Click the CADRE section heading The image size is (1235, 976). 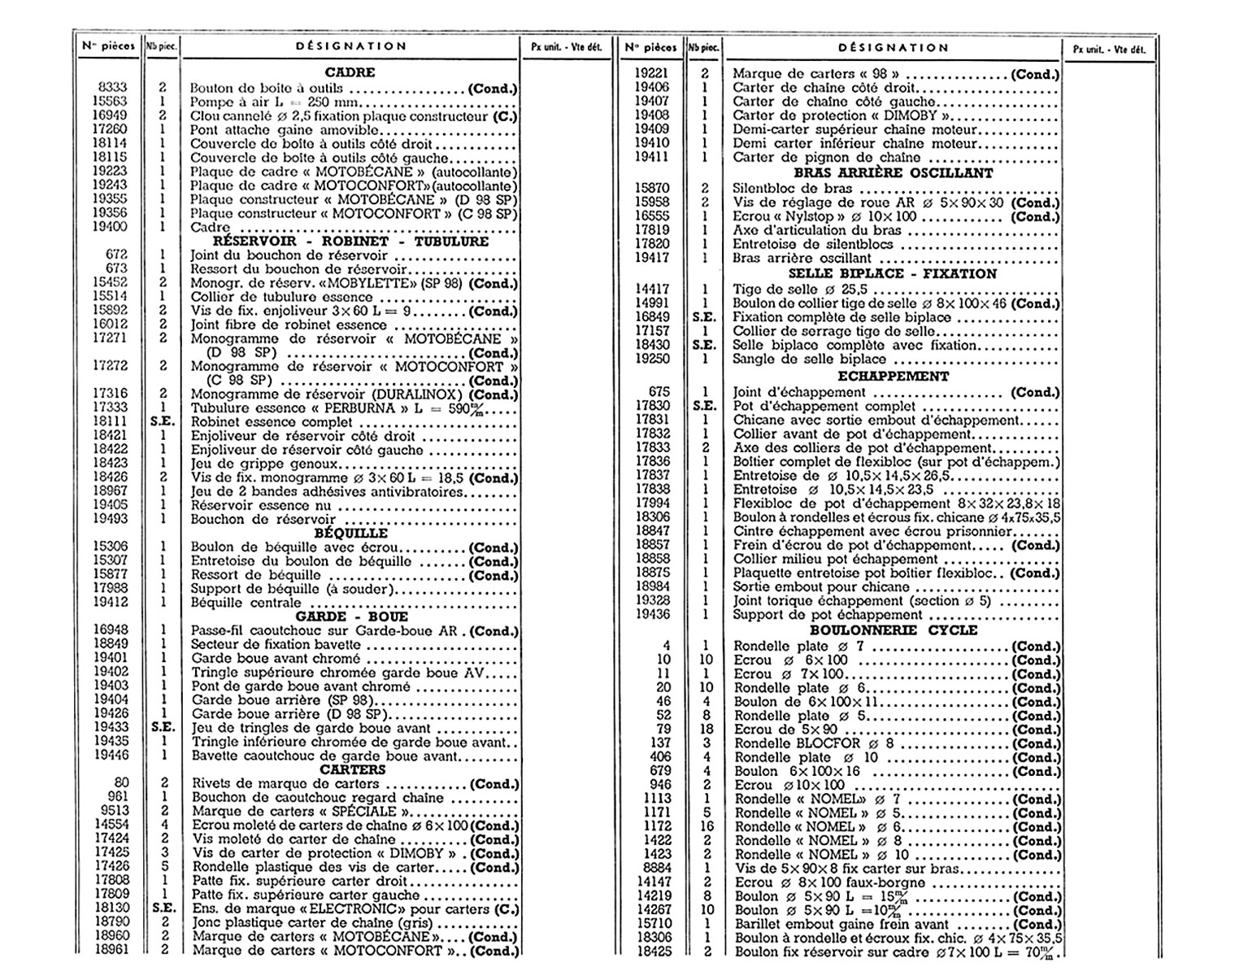click(x=350, y=72)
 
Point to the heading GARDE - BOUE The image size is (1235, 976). click(x=351, y=617)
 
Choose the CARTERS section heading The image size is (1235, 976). click(x=352, y=769)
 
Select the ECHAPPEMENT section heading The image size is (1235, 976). click(x=893, y=377)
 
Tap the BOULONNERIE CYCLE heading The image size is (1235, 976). click(x=893, y=630)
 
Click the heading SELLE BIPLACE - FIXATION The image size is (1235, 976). click(x=893, y=274)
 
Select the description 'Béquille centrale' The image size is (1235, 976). click(x=246, y=603)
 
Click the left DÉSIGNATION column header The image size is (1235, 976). click(x=351, y=46)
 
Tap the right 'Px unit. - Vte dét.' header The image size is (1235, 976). click(x=1109, y=49)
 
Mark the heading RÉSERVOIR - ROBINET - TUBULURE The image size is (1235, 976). click(x=350, y=242)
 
